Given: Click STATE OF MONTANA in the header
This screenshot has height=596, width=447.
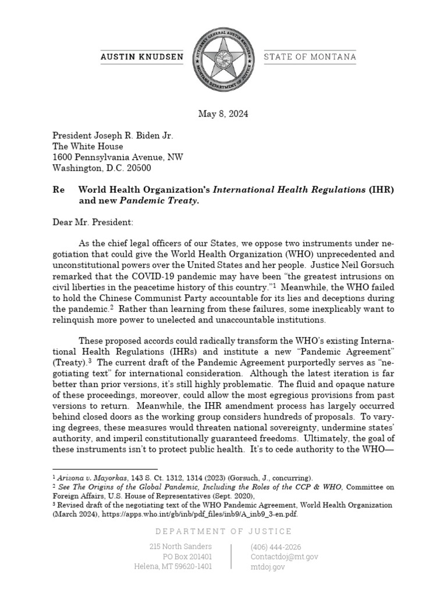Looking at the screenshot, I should tap(310, 57).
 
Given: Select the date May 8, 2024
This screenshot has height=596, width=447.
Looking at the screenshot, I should tap(223, 114).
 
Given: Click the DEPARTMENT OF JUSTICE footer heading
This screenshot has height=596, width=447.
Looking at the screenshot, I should tap(223, 531).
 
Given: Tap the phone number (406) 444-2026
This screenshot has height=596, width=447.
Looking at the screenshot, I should tap(276, 547).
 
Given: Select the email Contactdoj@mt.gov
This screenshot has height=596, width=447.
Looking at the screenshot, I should tap(284, 557).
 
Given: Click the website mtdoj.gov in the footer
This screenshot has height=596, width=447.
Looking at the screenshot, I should tap(268, 567).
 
